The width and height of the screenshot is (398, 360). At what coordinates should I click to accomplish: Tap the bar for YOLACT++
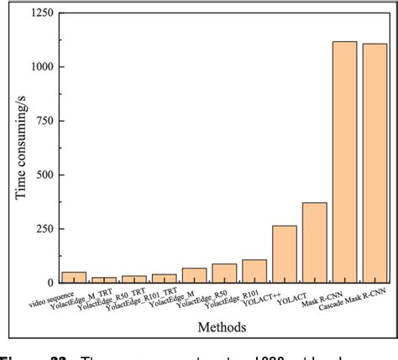285,253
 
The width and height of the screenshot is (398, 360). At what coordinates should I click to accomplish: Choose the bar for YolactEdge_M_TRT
104,279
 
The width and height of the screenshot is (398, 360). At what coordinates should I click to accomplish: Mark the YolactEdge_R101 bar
254,270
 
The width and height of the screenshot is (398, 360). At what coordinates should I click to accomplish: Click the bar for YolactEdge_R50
224,273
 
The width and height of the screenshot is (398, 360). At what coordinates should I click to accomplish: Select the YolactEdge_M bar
194,275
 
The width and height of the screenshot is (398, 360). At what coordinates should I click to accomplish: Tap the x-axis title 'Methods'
223,326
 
